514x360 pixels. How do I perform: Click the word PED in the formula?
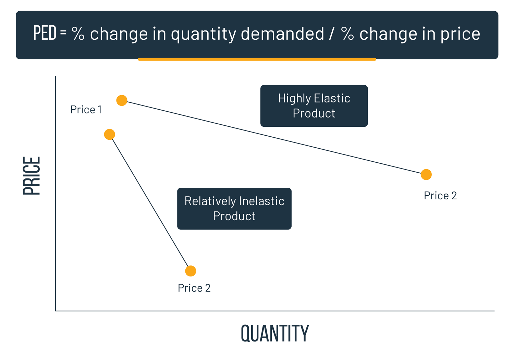(45, 33)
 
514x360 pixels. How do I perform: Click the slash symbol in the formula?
(331, 34)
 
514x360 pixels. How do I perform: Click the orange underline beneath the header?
(257, 59)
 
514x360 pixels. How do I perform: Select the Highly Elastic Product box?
(314, 106)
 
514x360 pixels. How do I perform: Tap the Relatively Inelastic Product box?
(234, 209)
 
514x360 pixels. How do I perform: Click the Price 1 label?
(86, 110)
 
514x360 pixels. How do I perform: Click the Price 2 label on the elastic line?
(440, 196)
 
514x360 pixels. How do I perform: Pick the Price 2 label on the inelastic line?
(194, 288)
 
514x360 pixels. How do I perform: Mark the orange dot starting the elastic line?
(122, 100)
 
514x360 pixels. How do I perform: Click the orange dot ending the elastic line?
(426, 174)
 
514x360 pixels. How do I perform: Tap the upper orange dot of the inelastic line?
(109, 134)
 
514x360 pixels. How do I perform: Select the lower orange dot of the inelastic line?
(191, 271)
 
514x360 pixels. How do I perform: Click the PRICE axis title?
(32, 176)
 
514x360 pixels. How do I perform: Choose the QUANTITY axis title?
(275, 333)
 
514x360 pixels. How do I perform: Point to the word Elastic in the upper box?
(332, 98)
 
